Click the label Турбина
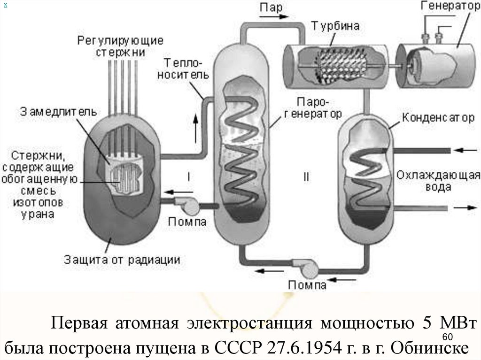point(335,26)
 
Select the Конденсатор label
point(438,117)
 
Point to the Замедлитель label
point(58,112)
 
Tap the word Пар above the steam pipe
point(271,8)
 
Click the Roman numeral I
point(189,177)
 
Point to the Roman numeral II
point(306,177)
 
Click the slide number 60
point(448,337)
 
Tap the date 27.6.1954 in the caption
point(304,348)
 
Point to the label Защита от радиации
point(122,260)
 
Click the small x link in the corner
point(5,5)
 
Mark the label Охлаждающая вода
point(438,181)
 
